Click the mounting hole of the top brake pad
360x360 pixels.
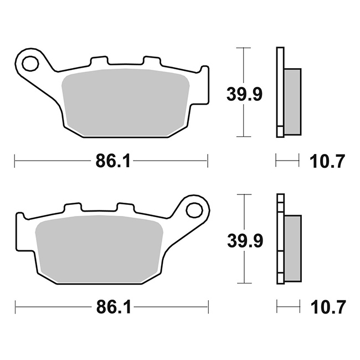pyautogui.click(x=30, y=63)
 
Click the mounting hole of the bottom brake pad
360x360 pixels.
pyautogui.click(x=194, y=210)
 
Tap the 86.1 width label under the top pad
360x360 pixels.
pyautogui.click(x=112, y=161)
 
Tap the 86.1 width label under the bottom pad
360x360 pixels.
pyautogui.click(x=114, y=307)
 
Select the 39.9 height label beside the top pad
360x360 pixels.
pyautogui.click(x=244, y=94)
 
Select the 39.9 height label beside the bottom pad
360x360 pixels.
pyautogui.click(x=245, y=240)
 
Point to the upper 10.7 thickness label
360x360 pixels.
pyautogui.click(x=327, y=161)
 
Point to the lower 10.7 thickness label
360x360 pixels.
pyautogui.click(x=328, y=307)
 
